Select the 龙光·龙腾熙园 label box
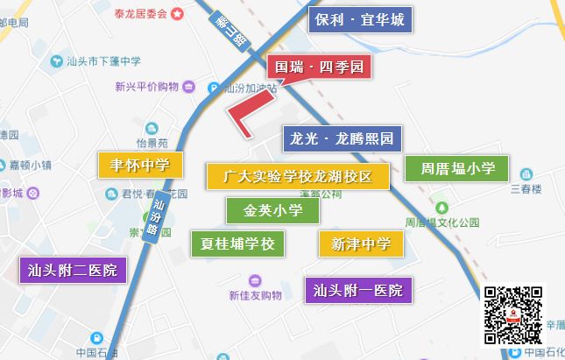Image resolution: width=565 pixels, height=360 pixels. click(x=343, y=138)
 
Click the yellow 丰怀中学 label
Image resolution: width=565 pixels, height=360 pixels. click(x=140, y=164)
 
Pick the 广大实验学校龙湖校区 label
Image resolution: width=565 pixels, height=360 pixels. click(x=298, y=176)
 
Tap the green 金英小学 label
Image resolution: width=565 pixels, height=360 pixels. click(x=273, y=210)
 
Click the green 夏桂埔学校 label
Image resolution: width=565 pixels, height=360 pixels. click(x=237, y=244)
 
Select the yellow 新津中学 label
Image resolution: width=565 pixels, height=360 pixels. click(x=361, y=244)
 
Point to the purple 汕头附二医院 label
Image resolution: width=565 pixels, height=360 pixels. click(x=74, y=270)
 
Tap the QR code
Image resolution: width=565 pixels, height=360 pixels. click(x=513, y=314)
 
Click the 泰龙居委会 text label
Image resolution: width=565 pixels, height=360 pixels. click(x=141, y=13)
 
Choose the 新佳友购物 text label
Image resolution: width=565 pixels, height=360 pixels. click(x=256, y=295)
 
